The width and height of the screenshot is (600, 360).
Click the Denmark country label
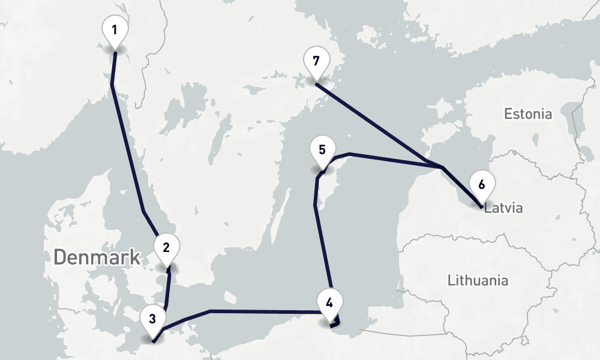(x=97, y=257)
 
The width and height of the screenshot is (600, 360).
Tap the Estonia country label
(x=528, y=114)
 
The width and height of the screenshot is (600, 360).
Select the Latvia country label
(x=504, y=209)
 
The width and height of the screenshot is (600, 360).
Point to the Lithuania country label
(x=478, y=280)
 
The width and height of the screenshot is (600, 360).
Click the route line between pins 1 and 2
(x=127, y=150)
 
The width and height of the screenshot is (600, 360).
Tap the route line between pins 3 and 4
(x=264, y=311)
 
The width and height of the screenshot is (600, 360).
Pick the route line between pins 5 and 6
(x=396, y=160)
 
